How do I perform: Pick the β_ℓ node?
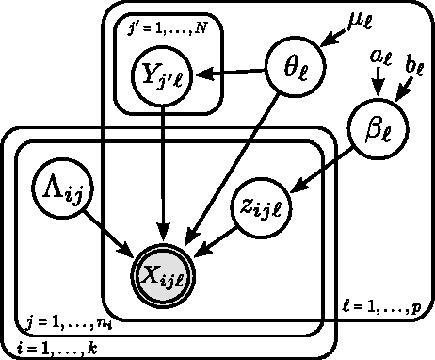(378, 129)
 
